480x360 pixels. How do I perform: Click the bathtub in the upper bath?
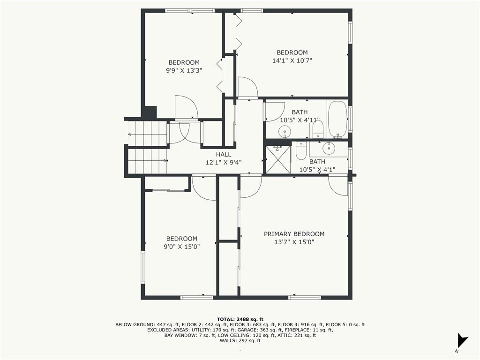click(x=337, y=119)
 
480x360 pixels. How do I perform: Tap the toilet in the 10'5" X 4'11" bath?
click(x=318, y=129)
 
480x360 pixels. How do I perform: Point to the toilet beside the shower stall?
click(x=301, y=151)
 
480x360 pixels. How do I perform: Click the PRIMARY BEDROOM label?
click(x=294, y=234)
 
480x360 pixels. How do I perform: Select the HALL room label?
click(x=224, y=154)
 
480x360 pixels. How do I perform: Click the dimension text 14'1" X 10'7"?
click(x=292, y=60)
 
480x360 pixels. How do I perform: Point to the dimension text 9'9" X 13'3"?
click(x=184, y=70)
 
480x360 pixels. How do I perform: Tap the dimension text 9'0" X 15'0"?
click(x=181, y=247)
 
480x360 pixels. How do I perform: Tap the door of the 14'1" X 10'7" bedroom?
click(x=247, y=88)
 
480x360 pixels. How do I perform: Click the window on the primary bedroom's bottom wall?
click(x=305, y=297)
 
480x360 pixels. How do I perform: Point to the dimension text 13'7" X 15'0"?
click(x=294, y=242)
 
